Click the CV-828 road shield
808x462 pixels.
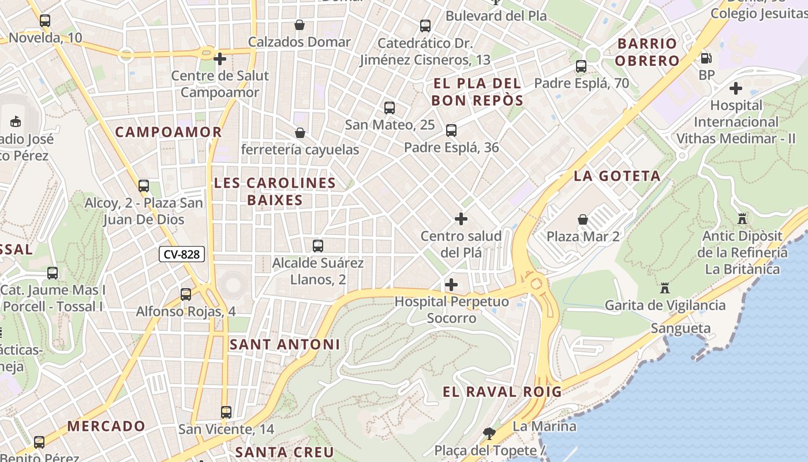coord(182,254)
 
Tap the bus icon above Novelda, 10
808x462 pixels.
coord(45,21)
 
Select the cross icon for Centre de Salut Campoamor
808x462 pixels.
coord(219,59)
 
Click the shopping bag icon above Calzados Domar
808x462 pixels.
coord(300,25)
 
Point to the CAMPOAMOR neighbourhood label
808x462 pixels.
coord(169,132)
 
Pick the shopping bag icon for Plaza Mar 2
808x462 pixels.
coord(583,219)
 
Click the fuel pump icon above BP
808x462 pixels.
coord(706,58)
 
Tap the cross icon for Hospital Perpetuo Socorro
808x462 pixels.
coord(451,285)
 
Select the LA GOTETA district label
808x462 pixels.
coord(617,176)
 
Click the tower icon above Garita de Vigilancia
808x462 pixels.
coord(665,288)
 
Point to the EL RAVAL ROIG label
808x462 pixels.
coord(502,392)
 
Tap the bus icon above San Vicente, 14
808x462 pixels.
coord(226,412)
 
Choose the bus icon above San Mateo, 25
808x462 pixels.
coord(390,107)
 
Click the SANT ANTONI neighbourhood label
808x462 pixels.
coord(285,345)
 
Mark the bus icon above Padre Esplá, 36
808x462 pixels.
coord(451,131)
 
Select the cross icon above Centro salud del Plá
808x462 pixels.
coord(461,219)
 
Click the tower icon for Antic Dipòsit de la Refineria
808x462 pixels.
coord(742,219)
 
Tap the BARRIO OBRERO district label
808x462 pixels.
coord(647,52)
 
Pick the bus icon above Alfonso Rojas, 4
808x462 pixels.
coord(186,295)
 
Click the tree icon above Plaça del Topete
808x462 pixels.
coord(489,433)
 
